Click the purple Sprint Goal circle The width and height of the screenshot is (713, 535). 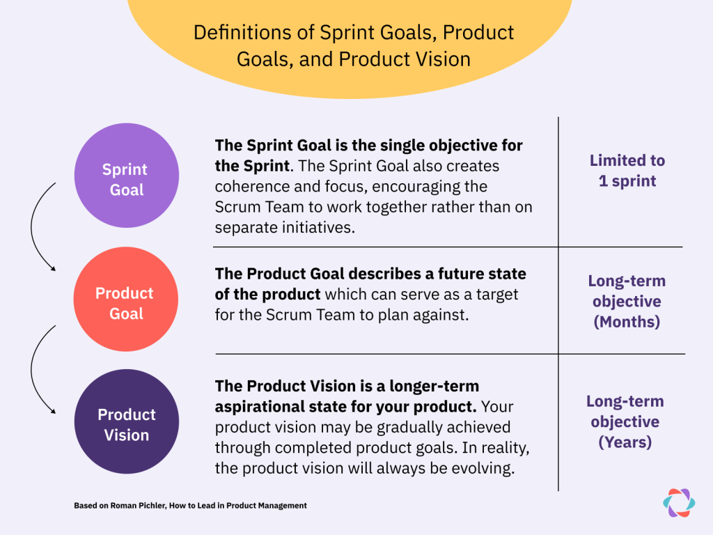click(x=126, y=176)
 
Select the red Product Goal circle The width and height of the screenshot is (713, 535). click(x=126, y=300)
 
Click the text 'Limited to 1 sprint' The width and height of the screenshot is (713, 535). click(x=627, y=171)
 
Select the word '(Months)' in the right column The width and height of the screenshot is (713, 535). click(x=627, y=323)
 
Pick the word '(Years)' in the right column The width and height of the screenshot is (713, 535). click(x=625, y=442)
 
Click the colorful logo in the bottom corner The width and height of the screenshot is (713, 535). click(x=678, y=502)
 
